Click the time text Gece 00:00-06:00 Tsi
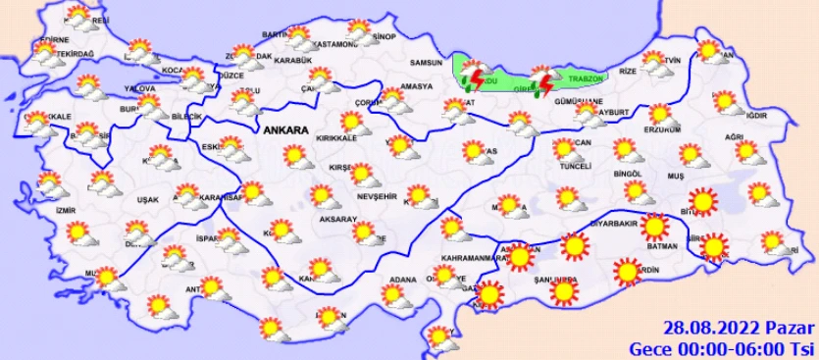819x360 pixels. pos(723,347)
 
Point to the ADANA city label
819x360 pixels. pos(403,279)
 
